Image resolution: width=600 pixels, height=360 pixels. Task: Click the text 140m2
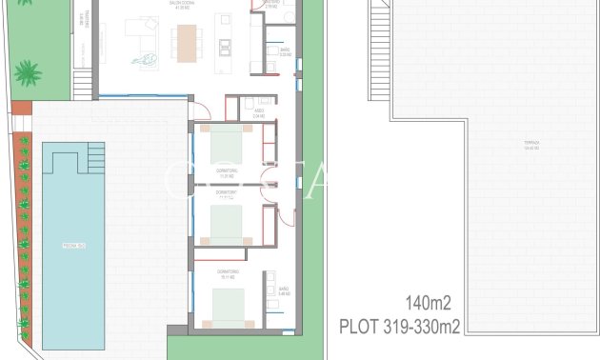tap(427, 304)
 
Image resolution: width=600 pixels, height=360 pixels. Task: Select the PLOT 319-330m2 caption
tap(400, 327)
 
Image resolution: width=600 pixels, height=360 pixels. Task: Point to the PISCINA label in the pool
tap(75, 246)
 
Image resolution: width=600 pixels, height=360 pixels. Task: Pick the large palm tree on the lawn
tap(28, 73)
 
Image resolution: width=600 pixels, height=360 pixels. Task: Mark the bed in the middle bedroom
tap(227, 225)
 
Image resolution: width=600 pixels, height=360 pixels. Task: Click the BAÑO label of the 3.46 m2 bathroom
tap(284, 290)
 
